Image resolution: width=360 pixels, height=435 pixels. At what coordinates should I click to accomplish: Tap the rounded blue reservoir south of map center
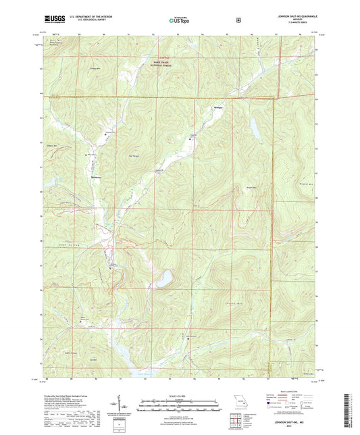(163, 278)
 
